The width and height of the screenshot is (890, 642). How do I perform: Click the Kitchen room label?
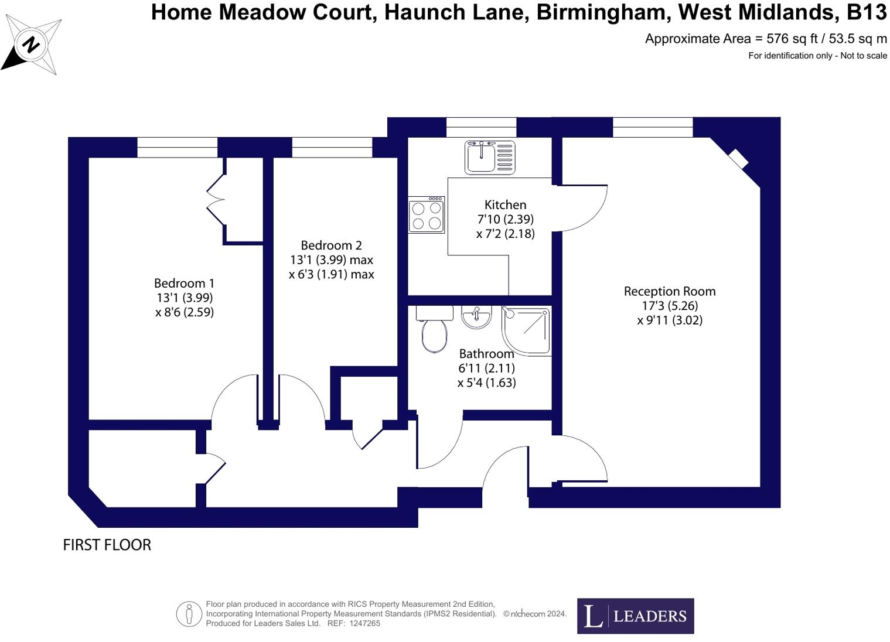(x=505, y=204)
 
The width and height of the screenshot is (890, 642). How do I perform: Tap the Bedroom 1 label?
(x=184, y=284)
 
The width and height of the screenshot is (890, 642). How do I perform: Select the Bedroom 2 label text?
(x=331, y=245)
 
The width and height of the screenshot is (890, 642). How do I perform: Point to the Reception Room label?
(x=670, y=291)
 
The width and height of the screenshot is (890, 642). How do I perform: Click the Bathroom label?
(x=486, y=354)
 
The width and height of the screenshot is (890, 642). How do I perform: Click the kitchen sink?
(x=489, y=158)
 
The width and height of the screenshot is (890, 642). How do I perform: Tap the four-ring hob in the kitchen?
(x=427, y=215)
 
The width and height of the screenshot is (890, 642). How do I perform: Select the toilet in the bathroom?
(x=434, y=329)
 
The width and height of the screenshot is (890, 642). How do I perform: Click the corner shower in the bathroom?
(x=527, y=330)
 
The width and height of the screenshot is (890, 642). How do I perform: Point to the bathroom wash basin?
(x=476, y=317)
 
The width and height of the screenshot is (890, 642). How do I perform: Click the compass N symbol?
(x=31, y=44)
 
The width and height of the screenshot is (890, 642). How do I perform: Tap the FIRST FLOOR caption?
(x=107, y=545)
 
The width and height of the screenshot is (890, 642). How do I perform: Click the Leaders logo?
(x=635, y=616)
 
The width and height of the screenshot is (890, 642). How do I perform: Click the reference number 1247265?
(x=364, y=623)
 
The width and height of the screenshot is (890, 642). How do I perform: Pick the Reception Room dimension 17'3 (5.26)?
(x=670, y=306)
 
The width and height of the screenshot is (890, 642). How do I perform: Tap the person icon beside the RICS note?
(x=189, y=614)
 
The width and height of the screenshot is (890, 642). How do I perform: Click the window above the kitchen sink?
(x=481, y=127)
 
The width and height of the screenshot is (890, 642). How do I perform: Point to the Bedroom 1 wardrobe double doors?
(x=215, y=199)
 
